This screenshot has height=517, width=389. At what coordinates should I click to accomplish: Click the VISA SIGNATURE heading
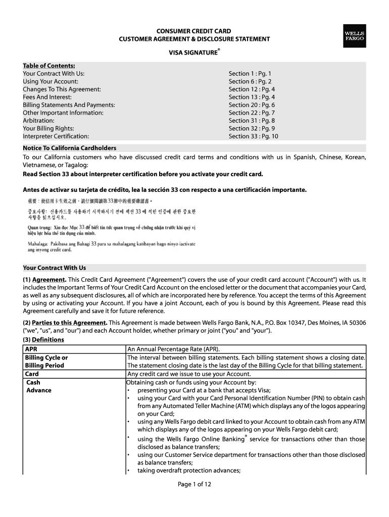tap(194, 52)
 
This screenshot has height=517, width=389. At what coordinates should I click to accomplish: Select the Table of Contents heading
tap(49, 66)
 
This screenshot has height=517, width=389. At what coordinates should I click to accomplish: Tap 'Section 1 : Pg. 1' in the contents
tap(250, 74)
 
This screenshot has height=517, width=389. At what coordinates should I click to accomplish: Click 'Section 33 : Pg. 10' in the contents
tap(253, 136)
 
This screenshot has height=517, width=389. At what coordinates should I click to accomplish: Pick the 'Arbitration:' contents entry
tap(38, 121)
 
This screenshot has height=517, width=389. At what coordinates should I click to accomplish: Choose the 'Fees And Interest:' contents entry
tap(47, 97)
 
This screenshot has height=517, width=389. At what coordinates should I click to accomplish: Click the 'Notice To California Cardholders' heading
tap(70, 148)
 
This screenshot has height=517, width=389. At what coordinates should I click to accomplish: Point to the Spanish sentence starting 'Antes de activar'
tap(165, 190)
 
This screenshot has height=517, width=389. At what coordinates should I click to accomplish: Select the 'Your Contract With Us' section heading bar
tap(194, 268)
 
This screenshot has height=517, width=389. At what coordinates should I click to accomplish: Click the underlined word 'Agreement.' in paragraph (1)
tap(49, 279)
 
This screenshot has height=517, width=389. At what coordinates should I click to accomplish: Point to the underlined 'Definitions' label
tap(48, 339)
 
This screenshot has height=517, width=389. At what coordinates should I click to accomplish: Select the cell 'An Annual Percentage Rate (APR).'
tap(173, 349)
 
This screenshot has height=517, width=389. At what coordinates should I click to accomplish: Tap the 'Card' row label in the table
tap(32, 374)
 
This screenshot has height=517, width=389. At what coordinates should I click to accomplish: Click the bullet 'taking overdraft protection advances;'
tap(188, 471)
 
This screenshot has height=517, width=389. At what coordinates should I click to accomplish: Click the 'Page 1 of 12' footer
tap(194, 484)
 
